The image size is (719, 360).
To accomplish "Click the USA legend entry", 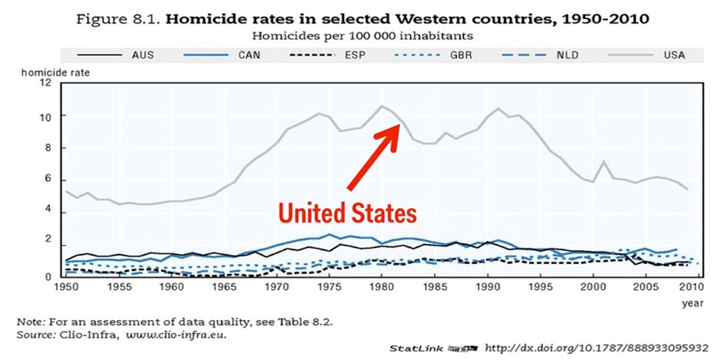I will (674, 56).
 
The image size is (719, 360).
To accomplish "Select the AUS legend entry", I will (142, 56).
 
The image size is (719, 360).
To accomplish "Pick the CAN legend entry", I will (249, 56).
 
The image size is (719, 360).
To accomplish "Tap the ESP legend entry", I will (354, 56).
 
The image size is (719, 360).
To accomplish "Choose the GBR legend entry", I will (462, 56).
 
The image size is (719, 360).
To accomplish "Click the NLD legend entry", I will (567, 56).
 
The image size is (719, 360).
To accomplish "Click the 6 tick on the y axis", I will (54, 181).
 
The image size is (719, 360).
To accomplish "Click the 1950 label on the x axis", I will (67, 287).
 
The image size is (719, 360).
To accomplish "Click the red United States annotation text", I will (347, 213).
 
